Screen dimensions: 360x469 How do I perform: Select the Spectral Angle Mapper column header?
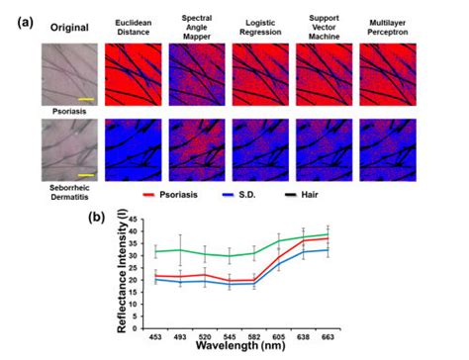pos(197,25)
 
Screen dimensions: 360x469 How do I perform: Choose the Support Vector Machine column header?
pos(323,25)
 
